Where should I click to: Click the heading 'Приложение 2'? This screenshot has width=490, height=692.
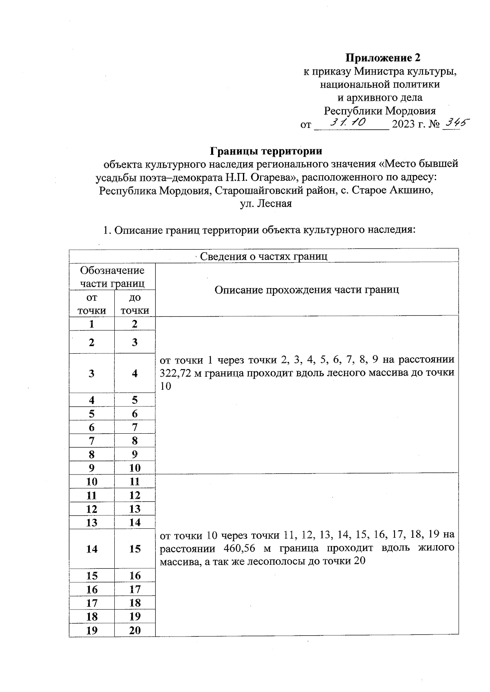[383, 57]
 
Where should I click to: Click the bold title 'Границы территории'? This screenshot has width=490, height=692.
[266, 151]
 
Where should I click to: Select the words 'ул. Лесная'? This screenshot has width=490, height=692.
[266, 204]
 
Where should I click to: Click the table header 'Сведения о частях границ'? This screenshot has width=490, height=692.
[263, 256]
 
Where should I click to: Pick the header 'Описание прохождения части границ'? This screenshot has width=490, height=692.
[306, 290]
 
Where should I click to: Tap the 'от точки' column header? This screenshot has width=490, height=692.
[92, 304]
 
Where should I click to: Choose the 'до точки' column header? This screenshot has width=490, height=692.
[135, 304]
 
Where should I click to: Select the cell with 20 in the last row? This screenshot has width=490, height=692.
[135, 630]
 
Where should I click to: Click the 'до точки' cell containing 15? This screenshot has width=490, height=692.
[135, 549]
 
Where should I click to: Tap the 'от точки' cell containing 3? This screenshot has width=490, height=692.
[92, 373]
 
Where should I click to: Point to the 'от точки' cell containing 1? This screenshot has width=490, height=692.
[92, 324]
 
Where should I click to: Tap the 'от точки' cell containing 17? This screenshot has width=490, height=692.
[92, 603]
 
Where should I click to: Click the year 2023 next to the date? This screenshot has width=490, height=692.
[403, 124]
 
